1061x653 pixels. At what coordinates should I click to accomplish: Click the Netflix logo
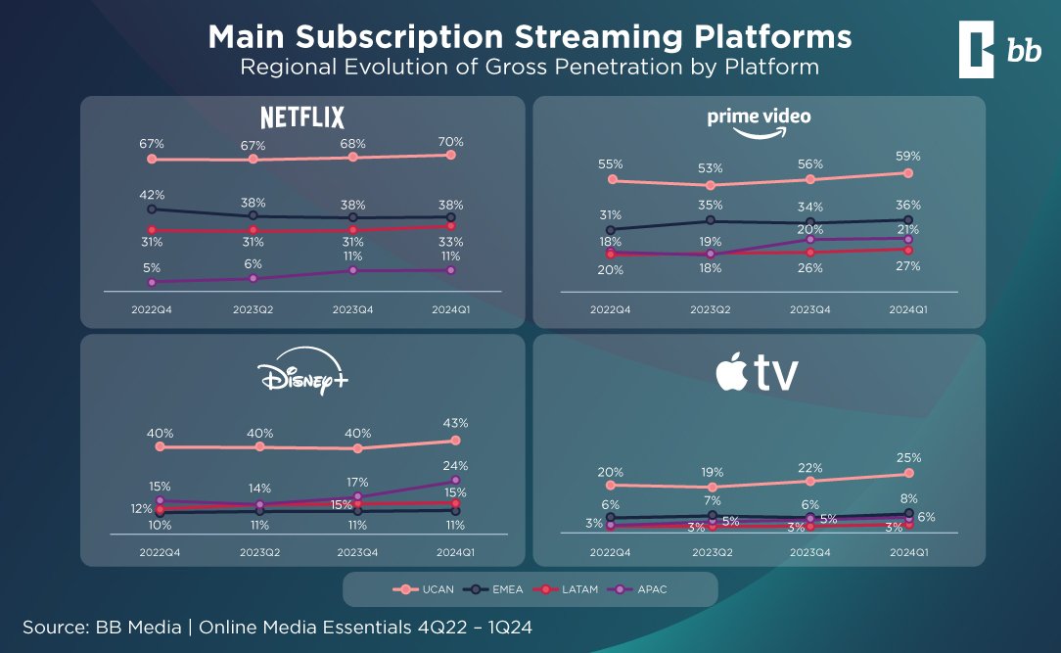[302, 118]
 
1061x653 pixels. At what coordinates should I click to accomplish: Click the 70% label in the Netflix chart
[451, 141]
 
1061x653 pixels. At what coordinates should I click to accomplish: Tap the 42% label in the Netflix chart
[152, 195]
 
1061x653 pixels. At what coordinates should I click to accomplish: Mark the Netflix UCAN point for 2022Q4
[152, 159]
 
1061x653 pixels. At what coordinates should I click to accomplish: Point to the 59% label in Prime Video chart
[907, 156]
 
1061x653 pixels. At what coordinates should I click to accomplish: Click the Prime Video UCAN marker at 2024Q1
[908, 173]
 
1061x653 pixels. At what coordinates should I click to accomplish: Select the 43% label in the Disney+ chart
[455, 423]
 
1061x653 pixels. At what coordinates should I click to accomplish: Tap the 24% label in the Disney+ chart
[455, 465]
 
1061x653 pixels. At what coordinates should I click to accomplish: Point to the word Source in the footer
[54, 626]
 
